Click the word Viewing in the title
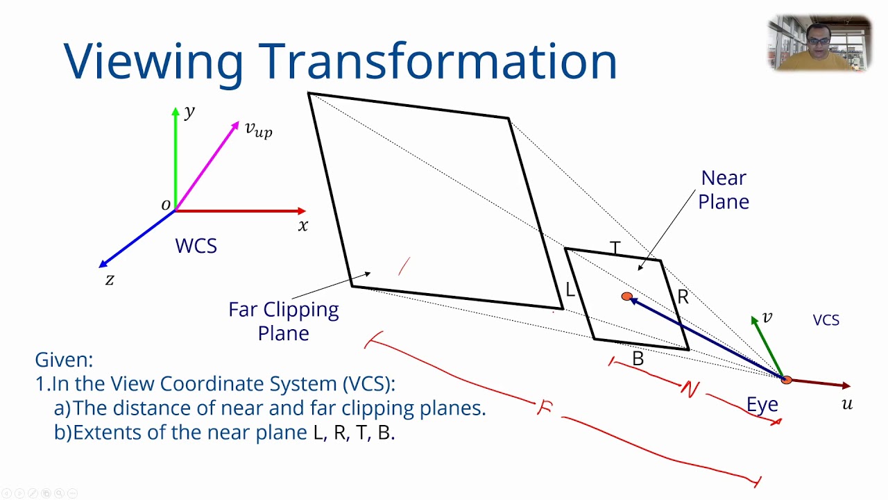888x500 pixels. [x=153, y=61]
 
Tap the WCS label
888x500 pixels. [x=196, y=247]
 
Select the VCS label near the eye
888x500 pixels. [x=826, y=320]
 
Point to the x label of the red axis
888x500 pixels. [x=302, y=226]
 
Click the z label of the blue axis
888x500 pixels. [x=110, y=280]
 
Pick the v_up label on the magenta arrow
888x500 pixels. [x=258, y=129]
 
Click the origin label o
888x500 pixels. [x=166, y=205]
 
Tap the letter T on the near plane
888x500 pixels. [x=615, y=248]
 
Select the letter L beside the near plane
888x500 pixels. [x=570, y=291]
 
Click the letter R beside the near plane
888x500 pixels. [x=683, y=298]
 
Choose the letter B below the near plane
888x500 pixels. [x=638, y=359]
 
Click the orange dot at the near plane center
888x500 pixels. [x=627, y=297]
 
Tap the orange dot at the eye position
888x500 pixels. [x=786, y=380]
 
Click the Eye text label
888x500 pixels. [x=762, y=405]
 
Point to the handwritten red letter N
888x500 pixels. [x=689, y=390]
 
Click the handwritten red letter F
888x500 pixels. [x=545, y=408]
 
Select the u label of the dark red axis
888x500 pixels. [x=847, y=404]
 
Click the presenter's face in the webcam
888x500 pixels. [x=819, y=37]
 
